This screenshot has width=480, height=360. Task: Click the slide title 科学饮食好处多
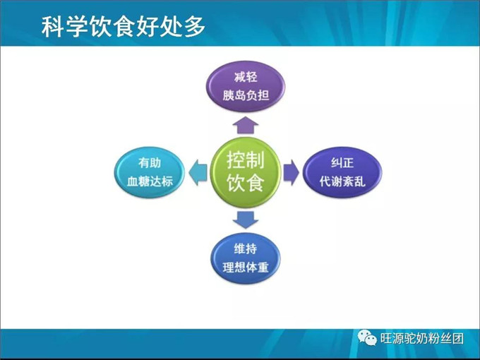point(124,27)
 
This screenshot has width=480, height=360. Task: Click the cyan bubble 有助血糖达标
point(145,171)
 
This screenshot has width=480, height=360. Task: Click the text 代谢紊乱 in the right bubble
point(342,181)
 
